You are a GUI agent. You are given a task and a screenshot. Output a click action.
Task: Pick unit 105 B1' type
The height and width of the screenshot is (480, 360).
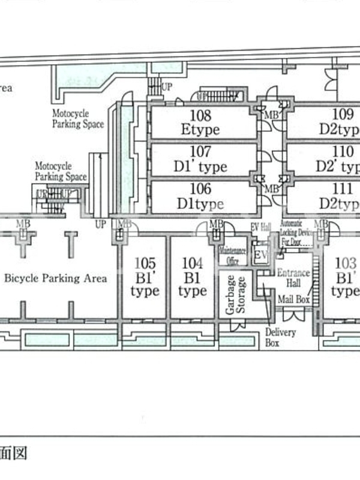tap(145, 277)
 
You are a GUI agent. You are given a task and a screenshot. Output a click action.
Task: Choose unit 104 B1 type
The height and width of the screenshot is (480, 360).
tap(192, 277)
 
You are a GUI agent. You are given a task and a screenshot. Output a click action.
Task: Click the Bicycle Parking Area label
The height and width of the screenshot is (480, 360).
tap(56, 278)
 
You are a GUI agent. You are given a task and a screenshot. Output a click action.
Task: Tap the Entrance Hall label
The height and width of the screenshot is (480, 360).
tap(293, 278)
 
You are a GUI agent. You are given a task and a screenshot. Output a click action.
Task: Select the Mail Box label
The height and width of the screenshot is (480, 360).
tap(294, 299)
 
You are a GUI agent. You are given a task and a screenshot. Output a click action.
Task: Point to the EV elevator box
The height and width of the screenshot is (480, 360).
tap(260, 255)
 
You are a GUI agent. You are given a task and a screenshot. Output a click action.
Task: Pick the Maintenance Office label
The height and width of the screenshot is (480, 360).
tap(233, 255)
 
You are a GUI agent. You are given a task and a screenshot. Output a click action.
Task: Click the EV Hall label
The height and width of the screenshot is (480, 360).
tap(261, 226)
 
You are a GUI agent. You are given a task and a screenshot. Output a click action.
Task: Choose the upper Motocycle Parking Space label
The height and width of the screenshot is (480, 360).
tap(77, 119)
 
